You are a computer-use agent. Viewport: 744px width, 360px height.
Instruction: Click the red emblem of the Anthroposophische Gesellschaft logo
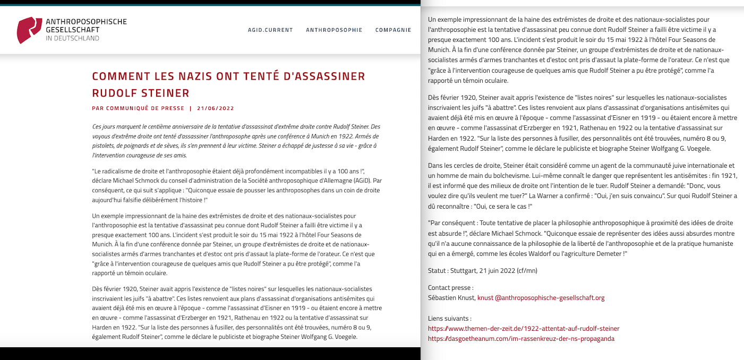pyautogui.click(x=29, y=30)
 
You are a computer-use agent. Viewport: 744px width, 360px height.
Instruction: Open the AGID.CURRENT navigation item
pyautogui.click(x=270, y=30)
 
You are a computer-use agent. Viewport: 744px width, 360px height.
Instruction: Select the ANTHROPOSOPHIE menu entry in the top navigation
pyautogui.click(x=334, y=30)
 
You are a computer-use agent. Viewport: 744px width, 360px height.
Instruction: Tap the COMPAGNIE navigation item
pyautogui.click(x=393, y=30)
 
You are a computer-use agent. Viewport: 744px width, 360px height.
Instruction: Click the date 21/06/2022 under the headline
pyautogui.click(x=215, y=108)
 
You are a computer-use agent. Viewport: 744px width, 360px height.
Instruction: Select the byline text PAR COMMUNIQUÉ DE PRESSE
pyautogui.click(x=138, y=108)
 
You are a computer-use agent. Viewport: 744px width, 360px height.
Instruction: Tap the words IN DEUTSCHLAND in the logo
pyautogui.click(x=72, y=38)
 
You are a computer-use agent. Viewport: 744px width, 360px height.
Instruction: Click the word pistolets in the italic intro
pyautogui.click(x=102, y=146)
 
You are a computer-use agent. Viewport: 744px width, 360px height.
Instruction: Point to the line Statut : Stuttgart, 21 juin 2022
pyautogui.click(x=482, y=271)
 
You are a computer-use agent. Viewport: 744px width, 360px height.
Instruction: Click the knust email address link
pyautogui.click(x=541, y=298)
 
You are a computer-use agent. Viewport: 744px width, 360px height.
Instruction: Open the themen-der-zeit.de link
pyautogui.click(x=524, y=329)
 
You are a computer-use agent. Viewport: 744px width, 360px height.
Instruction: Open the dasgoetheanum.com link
pyautogui.click(x=521, y=339)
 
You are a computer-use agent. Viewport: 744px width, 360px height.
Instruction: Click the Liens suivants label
pyautogui.click(x=449, y=319)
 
